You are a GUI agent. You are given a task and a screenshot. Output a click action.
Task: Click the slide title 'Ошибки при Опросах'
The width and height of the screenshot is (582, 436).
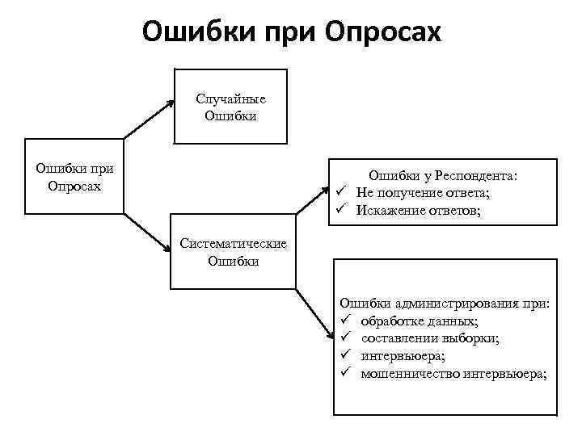[x=292, y=32]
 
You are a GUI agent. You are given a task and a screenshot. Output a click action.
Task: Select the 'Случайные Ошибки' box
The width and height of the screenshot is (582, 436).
[x=230, y=107]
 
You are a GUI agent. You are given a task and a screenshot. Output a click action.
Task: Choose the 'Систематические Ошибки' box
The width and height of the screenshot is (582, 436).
[x=233, y=252]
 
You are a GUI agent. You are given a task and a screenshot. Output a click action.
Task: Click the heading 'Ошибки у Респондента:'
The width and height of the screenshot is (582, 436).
[x=443, y=175]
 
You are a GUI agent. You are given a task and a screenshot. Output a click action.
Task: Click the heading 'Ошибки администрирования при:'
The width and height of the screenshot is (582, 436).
[x=445, y=304]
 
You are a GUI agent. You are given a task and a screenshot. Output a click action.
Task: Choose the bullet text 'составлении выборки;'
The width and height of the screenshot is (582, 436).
[x=429, y=338]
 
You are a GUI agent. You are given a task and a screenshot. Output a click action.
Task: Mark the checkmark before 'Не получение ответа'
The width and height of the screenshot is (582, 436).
[x=343, y=193]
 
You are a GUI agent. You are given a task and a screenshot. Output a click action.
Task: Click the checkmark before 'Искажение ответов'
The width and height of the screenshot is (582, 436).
[x=343, y=211]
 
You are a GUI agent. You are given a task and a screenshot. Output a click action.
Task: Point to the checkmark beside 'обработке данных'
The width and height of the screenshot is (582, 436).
[x=344, y=321]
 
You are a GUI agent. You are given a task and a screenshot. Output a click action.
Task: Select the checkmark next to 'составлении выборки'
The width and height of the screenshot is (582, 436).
[x=344, y=338]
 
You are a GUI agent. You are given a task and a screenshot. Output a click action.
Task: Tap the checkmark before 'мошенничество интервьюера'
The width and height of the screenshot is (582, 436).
[x=344, y=373]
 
